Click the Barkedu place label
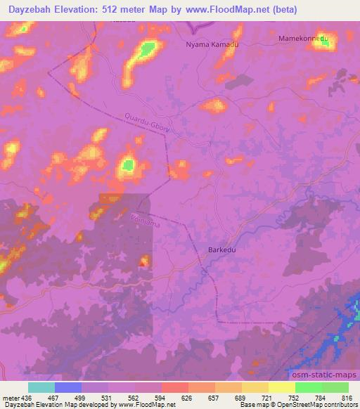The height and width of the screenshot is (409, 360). (224, 249)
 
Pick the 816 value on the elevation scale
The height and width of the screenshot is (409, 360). (347, 398)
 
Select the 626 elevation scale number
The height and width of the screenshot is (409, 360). (187, 398)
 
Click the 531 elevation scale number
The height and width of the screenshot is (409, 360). (107, 398)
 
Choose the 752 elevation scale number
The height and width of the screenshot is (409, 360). (294, 398)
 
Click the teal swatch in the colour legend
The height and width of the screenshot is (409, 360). (41, 387)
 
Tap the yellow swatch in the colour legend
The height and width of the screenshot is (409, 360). (281, 387)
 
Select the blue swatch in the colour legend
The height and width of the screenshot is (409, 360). (67, 387)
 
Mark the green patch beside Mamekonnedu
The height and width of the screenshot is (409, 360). (324, 41)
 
